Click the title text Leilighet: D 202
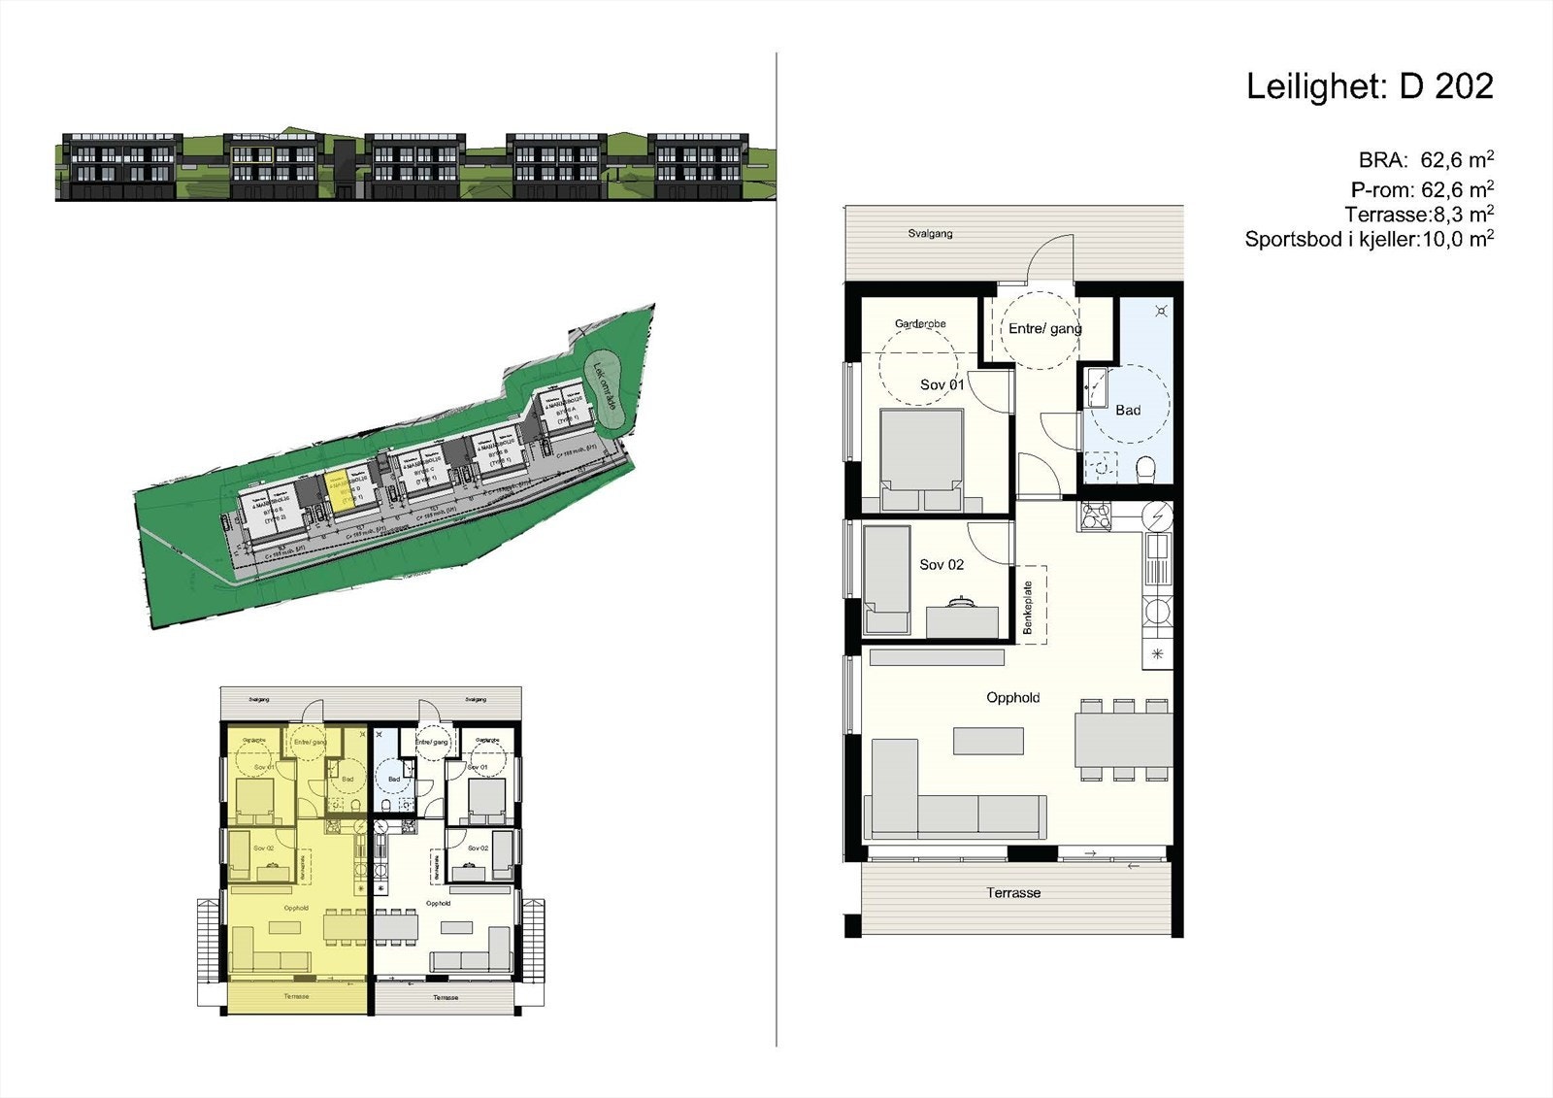[x=1369, y=87]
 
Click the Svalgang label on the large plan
[x=930, y=234]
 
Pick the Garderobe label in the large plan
[x=920, y=323]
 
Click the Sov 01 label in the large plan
[x=942, y=385]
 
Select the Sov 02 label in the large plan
[x=942, y=565]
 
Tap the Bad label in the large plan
[x=1128, y=411]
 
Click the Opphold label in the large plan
[x=1012, y=698]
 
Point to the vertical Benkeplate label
[x=1029, y=608]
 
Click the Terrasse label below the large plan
[x=1013, y=893]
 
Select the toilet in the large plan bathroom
[x=1145, y=470]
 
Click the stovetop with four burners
[x=1096, y=516]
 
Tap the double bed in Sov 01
[x=921, y=458]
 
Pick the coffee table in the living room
[x=988, y=742]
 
